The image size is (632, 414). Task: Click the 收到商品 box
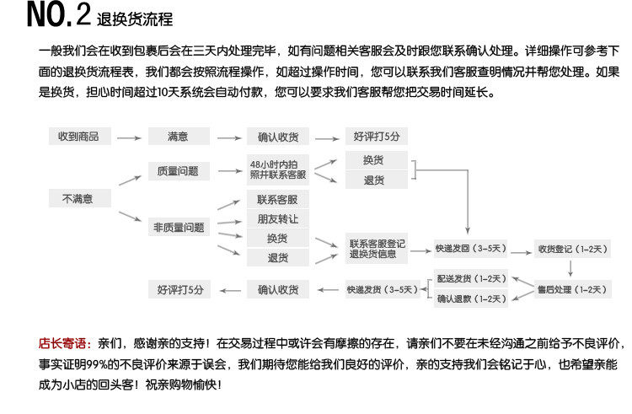pyautogui.click(x=78, y=136)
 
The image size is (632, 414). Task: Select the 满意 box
pyautogui.click(x=178, y=136)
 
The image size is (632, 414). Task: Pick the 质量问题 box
pyautogui.click(x=178, y=170)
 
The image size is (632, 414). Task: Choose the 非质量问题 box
pyautogui.click(x=178, y=228)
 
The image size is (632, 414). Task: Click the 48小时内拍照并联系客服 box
pyautogui.click(x=277, y=169)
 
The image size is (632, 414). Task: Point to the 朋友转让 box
pyautogui.click(x=277, y=218)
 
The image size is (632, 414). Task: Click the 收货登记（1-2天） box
pyautogui.click(x=572, y=249)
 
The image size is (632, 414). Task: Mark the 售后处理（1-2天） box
pyautogui.click(x=572, y=289)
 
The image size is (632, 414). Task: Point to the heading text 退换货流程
pyautogui.click(x=136, y=19)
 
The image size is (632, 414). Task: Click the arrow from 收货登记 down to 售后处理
pyautogui.click(x=572, y=269)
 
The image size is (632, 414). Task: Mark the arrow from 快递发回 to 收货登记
pyautogui.click(x=518, y=249)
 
